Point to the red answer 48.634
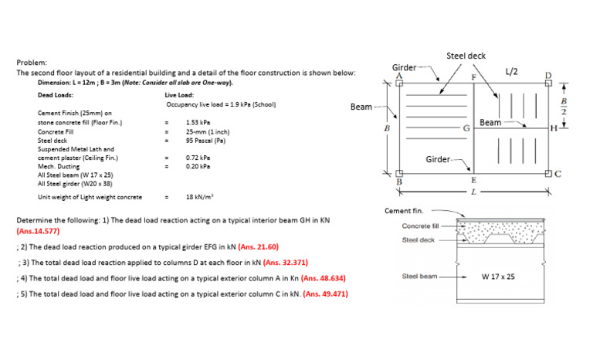pos(324,277)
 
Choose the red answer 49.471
pos(326,294)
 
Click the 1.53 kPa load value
pos(198,122)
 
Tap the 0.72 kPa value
pos(198,158)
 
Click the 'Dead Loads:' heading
pos(56,95)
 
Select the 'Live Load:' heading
pos(179,95)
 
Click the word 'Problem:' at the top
pos(32,62)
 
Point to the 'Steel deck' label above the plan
pos(466,56)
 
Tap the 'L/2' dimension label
pos(511,72)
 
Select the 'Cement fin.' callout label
pos(403,210)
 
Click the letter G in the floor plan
pos(466,127)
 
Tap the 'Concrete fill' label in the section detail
pos(420,226)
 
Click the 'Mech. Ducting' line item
pos(59,166)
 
